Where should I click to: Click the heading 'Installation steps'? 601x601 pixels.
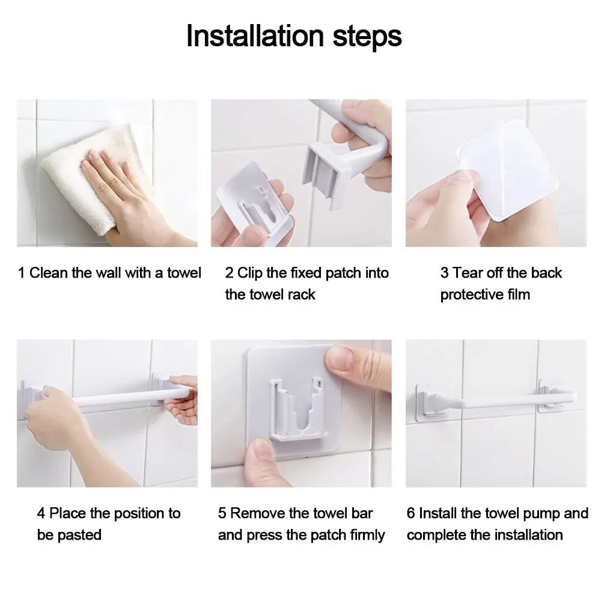294,35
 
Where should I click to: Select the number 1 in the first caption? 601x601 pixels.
22,273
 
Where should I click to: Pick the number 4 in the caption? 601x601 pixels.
41,514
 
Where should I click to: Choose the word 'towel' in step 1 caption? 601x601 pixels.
184,273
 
